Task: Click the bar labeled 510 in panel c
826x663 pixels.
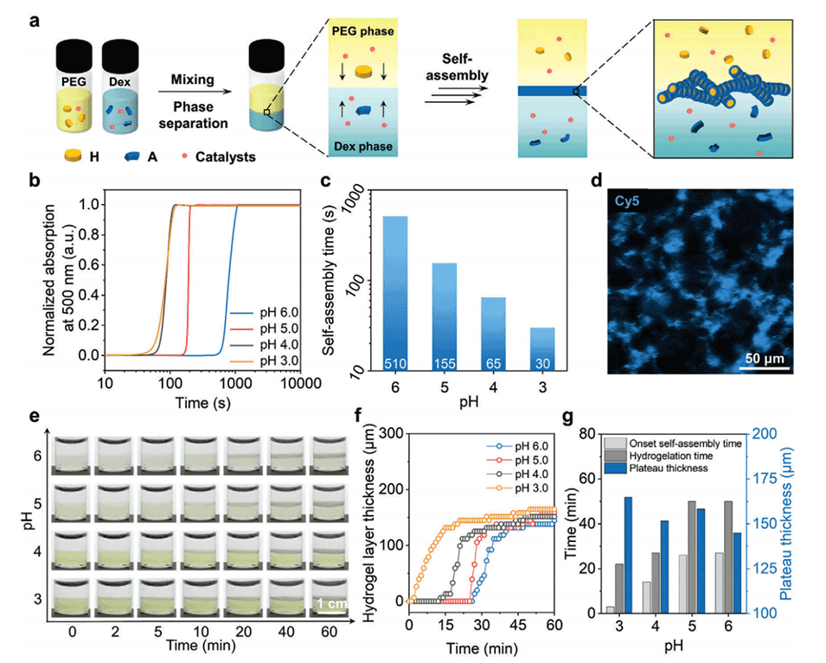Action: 395,294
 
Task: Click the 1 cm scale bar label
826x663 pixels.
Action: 331,603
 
